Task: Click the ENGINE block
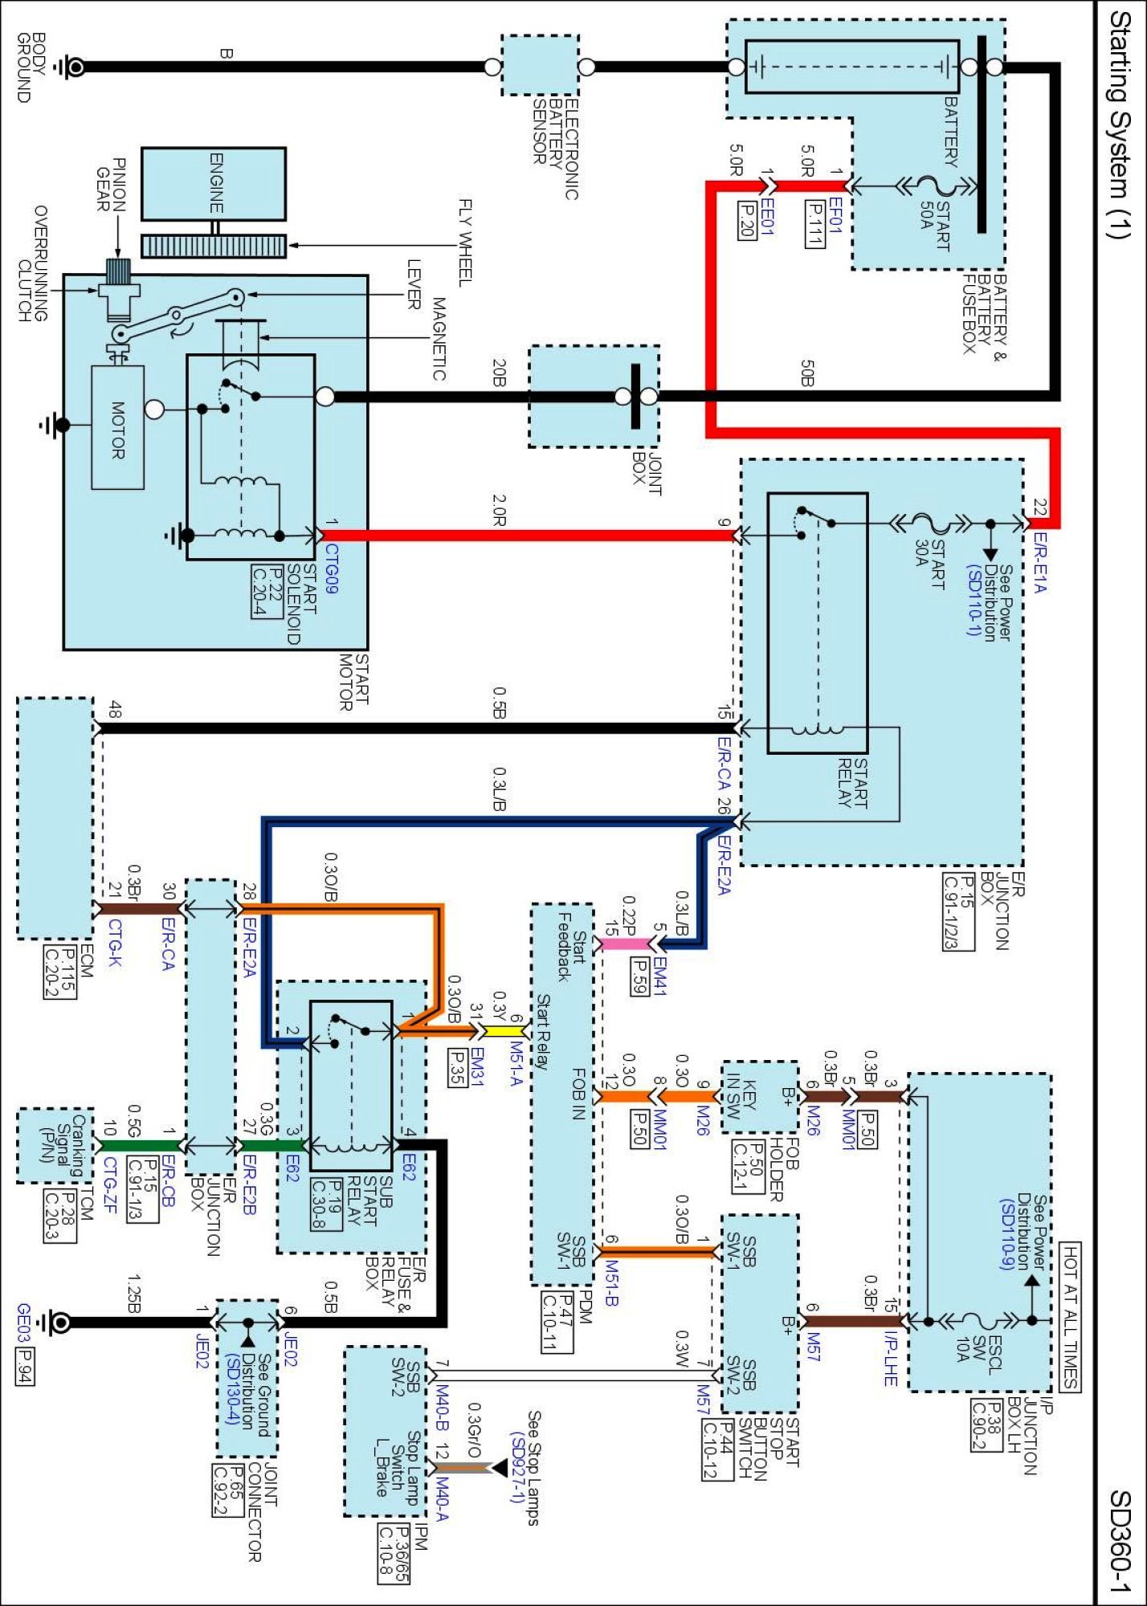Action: pos(214,183)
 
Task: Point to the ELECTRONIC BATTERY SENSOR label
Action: pos(555,148)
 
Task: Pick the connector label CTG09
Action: pos(331,569)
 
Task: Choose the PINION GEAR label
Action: pos(110,184)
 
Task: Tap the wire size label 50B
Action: pos(807,373)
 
